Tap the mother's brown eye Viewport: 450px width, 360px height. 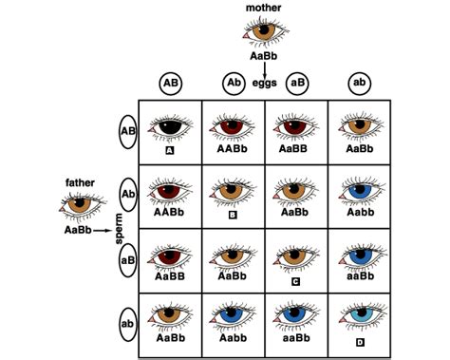tap(263, 31)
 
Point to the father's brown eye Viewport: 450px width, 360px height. tap(80, 202)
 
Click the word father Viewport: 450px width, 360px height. tap(80, 181)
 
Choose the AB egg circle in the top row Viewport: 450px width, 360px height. tap(172, 82)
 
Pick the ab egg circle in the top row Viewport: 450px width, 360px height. tap(360, 82)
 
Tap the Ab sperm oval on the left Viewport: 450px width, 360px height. tap(126, 195)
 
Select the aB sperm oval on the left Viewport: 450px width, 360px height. tap(126, 258)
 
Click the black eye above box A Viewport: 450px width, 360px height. tap(170, 127)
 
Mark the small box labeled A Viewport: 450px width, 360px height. tap(170, 149)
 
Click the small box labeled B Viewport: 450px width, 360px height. tap(234, 216)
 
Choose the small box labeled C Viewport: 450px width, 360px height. tap(296, 280)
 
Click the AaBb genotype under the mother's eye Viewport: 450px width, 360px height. tap(263, 56)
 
